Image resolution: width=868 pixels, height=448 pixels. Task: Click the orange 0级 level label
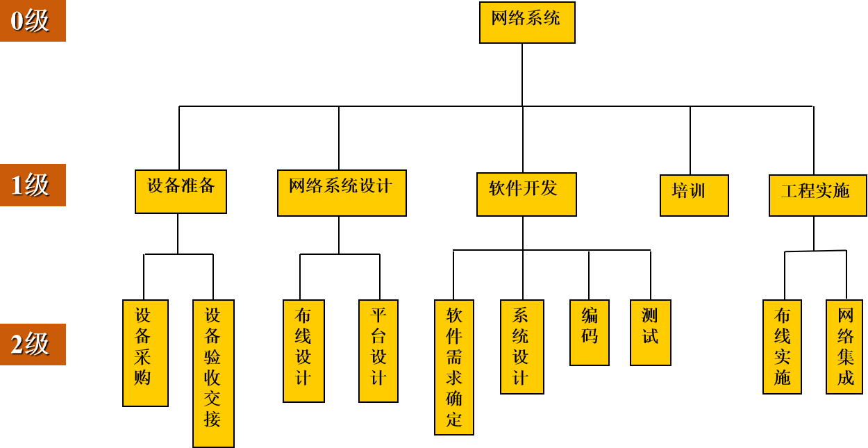[x=33, y=21]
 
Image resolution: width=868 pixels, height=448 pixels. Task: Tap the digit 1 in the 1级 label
[x=17, y=185]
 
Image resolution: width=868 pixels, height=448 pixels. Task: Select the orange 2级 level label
[x=33, y=345]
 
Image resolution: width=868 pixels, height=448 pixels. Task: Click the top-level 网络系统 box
[x=527, y=22]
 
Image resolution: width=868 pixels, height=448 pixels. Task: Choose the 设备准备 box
[x=181, y=192]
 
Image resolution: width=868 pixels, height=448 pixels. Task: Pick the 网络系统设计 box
[x=342, y=193]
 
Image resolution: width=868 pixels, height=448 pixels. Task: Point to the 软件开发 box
[x=526, y=194]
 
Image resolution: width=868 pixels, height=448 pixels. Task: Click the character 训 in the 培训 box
[x=697, y=191]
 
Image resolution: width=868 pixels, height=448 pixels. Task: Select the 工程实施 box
[x=817, y=195]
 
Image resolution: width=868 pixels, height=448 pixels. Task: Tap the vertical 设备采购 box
[x=145, y=353]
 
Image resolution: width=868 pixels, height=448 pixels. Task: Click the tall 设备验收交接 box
[x=213, y=373]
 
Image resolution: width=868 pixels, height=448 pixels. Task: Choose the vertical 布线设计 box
[x=303, y=351]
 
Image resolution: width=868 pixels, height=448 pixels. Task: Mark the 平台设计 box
[x=378, y=351]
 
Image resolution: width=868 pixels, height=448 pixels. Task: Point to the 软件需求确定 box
[x=454, y=367]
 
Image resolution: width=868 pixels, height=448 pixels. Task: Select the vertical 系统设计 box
[x=522, y=347]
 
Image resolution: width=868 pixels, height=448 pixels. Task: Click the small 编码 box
[x=590, y=332]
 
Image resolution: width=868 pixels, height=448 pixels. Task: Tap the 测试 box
[x=651, y=332]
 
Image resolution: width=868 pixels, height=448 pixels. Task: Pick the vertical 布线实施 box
[x=782, y=347]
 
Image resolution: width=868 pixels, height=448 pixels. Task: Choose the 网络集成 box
[x=844, y=347]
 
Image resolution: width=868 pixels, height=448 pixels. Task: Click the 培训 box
[x=694, y=195]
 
